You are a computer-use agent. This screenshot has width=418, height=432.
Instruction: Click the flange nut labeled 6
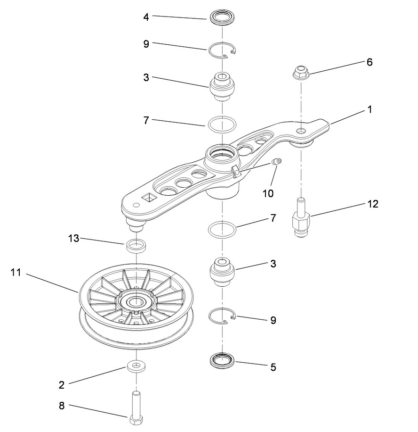point(300,73)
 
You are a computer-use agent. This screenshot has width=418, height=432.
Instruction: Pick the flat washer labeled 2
point(135,366)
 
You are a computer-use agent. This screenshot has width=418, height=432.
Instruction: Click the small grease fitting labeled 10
point(277,162)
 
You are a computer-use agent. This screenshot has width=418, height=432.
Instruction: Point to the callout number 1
point(370,109)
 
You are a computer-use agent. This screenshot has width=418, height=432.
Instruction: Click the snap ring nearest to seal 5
point(222,315)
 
